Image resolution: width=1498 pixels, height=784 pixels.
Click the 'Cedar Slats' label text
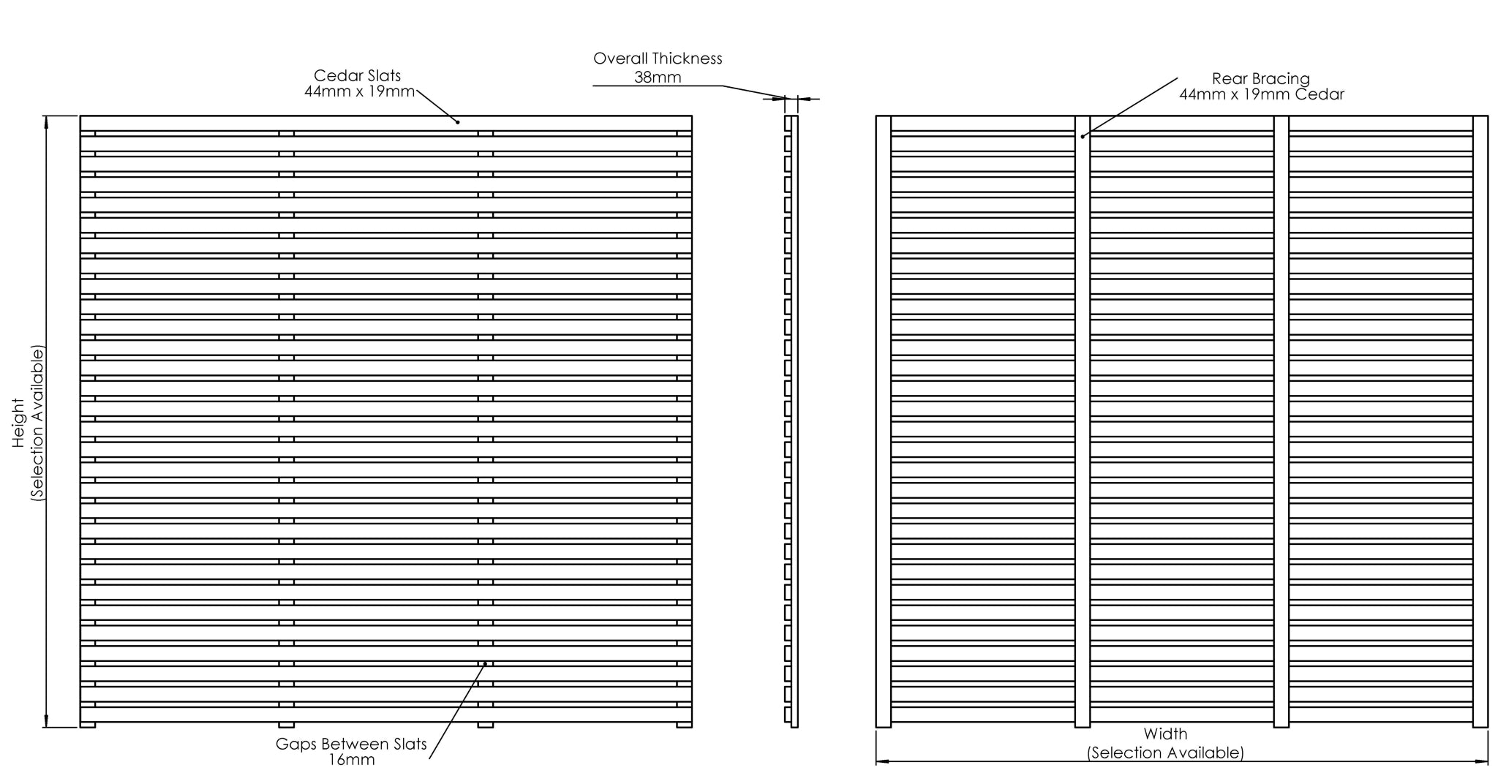[358, 75]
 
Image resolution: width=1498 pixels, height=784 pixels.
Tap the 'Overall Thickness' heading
[658, 59]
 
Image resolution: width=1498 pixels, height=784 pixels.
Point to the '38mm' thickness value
[658, 78]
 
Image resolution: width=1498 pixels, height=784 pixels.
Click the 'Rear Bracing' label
[1261, 79]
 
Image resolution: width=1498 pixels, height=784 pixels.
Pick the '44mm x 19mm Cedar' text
[1262, 94]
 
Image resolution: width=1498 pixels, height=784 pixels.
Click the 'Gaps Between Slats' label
[351, 745]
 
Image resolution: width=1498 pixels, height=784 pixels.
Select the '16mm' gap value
[352, 761]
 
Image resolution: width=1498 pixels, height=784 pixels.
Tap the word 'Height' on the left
[19, 422]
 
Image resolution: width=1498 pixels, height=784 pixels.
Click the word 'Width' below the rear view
[1166, 734]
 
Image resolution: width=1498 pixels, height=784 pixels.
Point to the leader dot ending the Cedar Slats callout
[458, 122]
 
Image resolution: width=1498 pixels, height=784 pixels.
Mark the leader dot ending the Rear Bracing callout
[1083, 137]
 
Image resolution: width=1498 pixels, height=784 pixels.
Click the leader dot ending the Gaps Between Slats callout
[485, 664]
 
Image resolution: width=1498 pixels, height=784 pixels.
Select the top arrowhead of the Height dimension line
[48, 121]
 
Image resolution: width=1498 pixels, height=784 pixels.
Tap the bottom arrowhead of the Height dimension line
[48, 722]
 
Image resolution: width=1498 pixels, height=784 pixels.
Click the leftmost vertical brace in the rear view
[884, 421]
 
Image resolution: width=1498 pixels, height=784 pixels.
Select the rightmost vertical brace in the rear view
[1480, 421]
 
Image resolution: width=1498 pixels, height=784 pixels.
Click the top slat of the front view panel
[386, 124]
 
